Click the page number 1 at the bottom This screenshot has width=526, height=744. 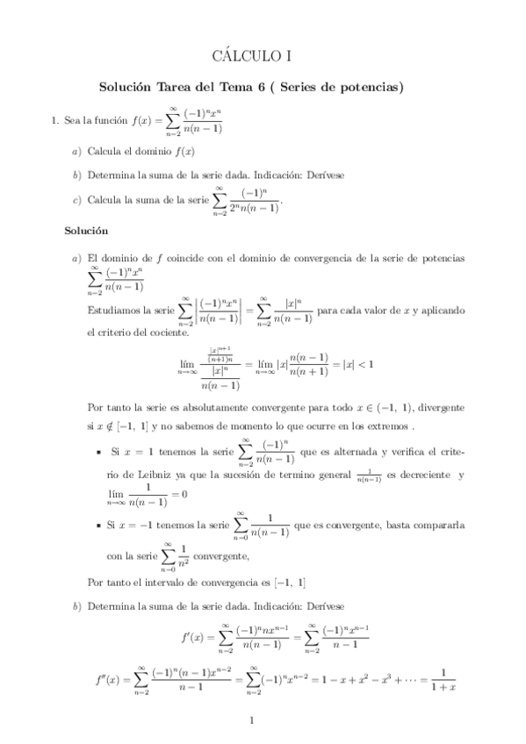pos(252,721)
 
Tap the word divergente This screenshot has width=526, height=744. pos(436,409)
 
